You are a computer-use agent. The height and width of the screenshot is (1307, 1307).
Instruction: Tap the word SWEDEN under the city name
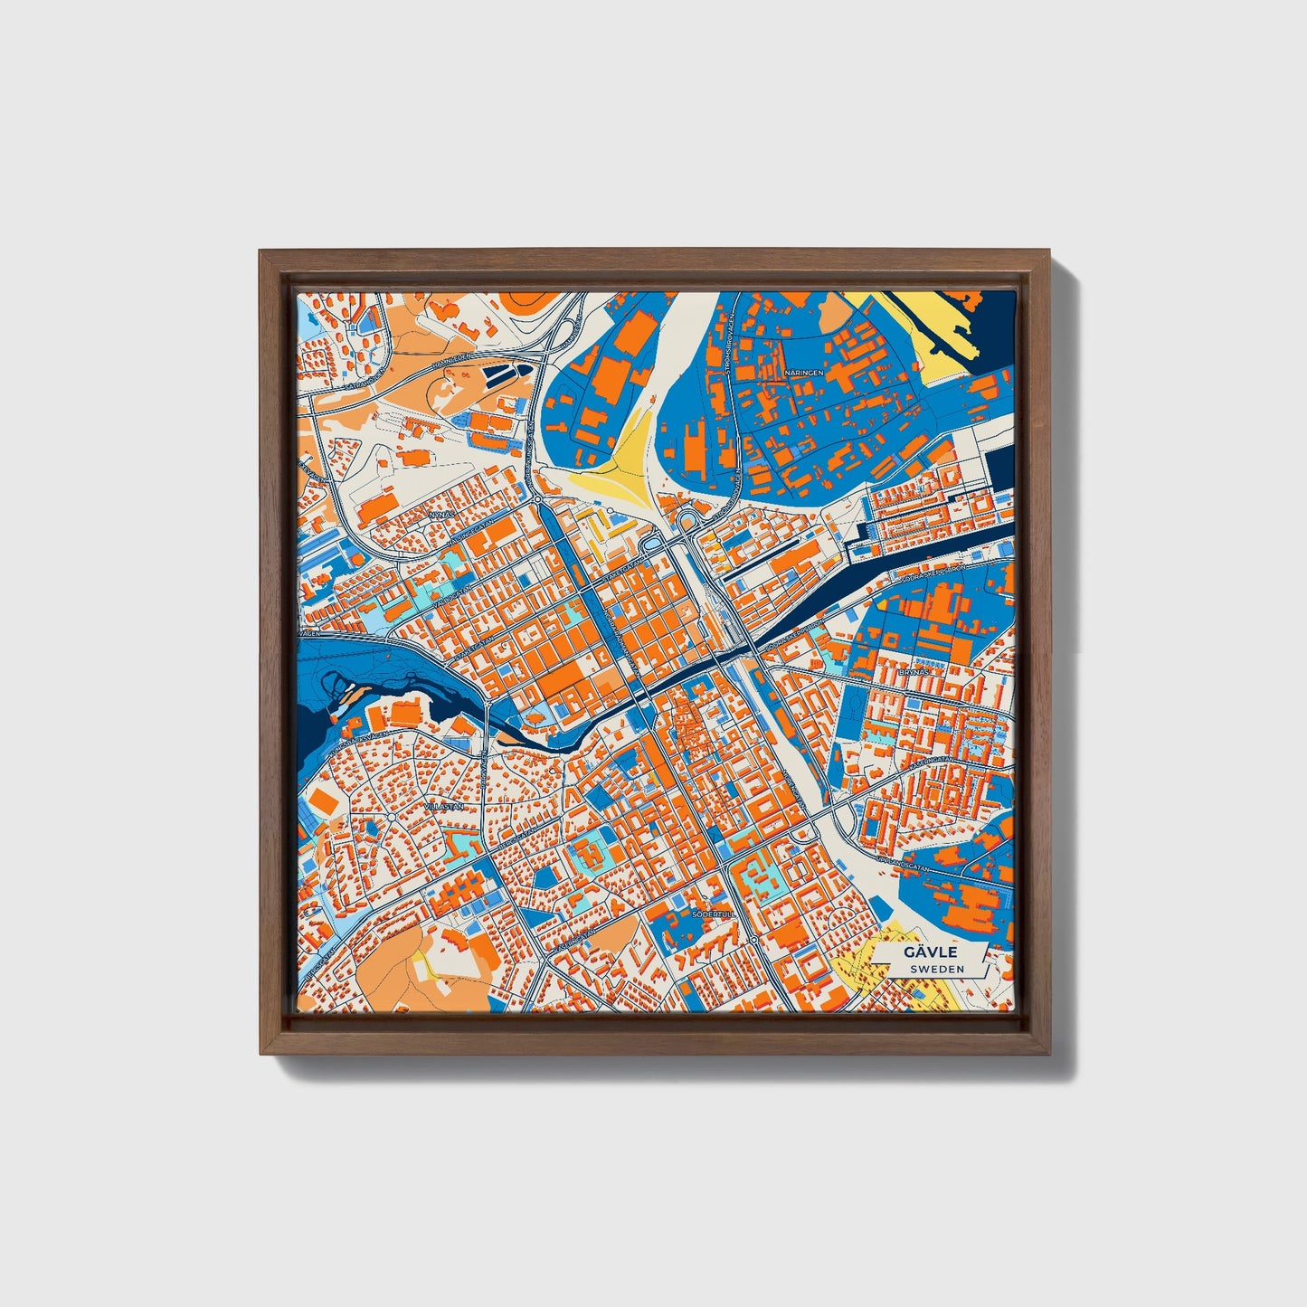point(936,969)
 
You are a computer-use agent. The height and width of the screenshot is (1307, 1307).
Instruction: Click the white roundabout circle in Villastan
point(390,817)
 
